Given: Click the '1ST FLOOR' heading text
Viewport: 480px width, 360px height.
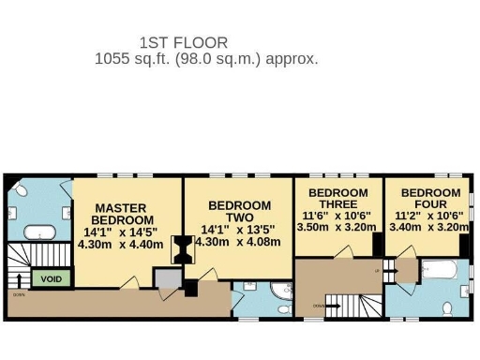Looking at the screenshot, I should click(x=184, y=42).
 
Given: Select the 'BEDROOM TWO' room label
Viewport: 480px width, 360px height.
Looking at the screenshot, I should click(x=239, y=211).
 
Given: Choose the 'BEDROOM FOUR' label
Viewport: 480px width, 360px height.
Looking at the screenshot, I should click(x=430, y=199).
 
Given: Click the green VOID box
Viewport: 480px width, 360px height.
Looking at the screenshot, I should click(x=52, y=278).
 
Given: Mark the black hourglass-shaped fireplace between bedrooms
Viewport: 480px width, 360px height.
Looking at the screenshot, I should click(x=182, y=249).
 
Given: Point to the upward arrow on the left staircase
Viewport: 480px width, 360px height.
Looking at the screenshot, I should click(x=19, y=278).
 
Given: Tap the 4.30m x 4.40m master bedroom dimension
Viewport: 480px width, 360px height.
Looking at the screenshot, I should click(x=123, y=244).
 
